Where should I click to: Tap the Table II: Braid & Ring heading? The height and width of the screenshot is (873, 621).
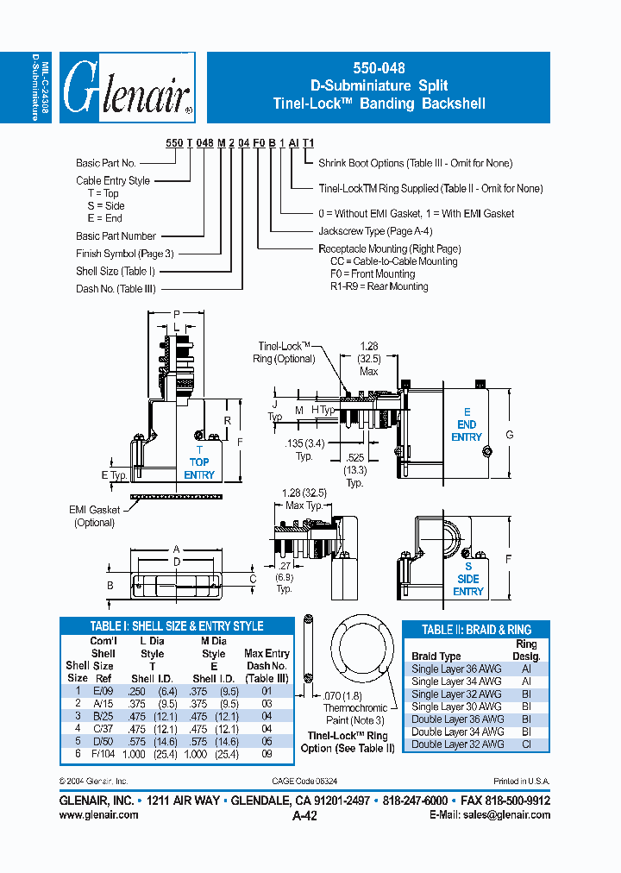click(x=477, y=630)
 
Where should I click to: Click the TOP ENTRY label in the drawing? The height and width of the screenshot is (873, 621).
click(x=199, y=468)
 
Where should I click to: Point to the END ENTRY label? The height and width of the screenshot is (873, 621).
click(x=467, y=430)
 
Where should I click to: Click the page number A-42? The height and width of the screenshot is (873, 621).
click(x=306, y=816)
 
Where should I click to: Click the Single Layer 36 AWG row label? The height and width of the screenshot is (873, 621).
click(x=456, y=669)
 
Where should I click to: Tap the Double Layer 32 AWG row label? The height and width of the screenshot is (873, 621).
click(x=456, y=744)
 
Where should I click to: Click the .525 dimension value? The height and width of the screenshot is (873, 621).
click(x=354, y=457)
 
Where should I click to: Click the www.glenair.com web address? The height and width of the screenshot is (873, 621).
click(x=98, y=814)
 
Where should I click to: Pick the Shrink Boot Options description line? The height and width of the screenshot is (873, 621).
click(x=415, y=163)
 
